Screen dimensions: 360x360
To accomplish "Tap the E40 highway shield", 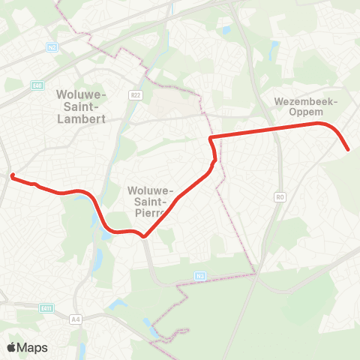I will click(38, 86).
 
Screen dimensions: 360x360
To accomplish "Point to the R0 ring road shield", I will click(280, 197).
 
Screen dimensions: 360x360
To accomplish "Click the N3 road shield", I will click(200, 276).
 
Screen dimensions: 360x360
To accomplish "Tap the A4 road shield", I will click(75, 318).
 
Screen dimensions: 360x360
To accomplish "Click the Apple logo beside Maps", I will click(11, 347).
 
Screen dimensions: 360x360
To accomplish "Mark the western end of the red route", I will click(12, 175).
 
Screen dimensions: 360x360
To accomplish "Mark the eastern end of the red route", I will click(348, 149).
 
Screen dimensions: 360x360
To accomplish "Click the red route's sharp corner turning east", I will click(210, 138).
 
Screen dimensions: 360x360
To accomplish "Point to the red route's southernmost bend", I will click(144, 238).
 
